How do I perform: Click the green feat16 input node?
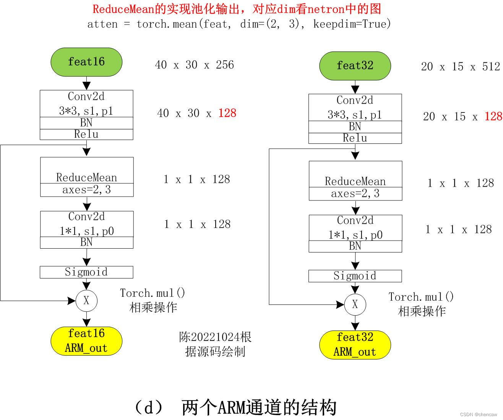[86, 62]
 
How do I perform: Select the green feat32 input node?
[355, 66]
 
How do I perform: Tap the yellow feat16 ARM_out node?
[86, 341]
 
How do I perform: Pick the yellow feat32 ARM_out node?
[355, 345]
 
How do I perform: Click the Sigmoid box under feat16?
[86, 272]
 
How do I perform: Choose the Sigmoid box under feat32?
[355, 276]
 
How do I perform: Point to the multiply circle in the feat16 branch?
[86, 301]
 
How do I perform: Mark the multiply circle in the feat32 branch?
[355, 304]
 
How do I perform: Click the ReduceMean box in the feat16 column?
[87, 177]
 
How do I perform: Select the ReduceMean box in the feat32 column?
[355, 181]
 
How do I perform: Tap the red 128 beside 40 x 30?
[227, 113]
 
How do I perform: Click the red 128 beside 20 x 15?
[493, 117]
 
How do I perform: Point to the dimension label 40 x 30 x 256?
[194, 65]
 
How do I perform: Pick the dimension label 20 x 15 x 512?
[461, 67]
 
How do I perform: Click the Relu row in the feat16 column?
[86, 134]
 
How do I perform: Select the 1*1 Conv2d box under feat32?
[355, 228]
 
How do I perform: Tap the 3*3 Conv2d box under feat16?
[86, 104]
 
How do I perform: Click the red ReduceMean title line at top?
[237, 9]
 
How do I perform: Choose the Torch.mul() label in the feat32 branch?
[421, 297]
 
